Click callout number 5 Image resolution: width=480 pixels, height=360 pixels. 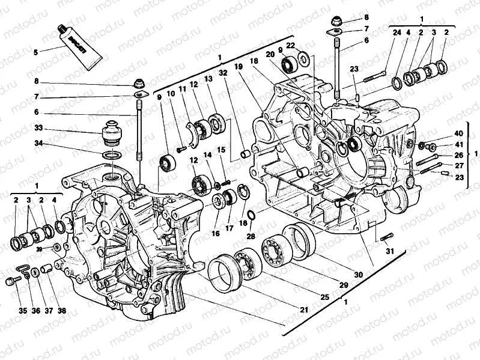(x=35, y=52)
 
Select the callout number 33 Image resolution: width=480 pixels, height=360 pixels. (x=39, y=128)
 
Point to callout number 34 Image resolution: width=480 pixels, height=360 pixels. (x=39, y=143)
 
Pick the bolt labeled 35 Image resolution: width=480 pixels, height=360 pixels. (x=11, y=281)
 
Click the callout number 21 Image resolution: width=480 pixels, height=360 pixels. (x=304, y=310)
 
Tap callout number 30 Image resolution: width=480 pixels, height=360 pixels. (x=358, y=275)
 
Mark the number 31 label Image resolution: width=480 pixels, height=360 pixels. (x=390, y=251)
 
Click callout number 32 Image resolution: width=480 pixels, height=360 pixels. (x=223, y=73)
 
